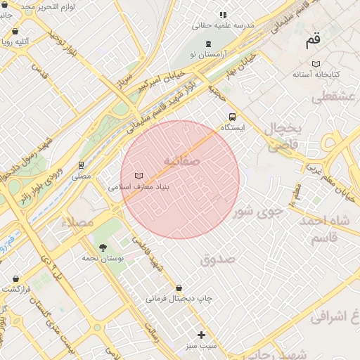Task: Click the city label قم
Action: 312,41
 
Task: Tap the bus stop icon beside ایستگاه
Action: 232,117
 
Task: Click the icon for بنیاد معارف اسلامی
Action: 139,176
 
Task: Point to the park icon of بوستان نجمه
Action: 104,247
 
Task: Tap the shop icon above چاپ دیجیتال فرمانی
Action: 180,288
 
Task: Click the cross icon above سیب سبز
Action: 202,335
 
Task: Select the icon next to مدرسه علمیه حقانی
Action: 223,14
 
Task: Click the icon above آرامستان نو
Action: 208,44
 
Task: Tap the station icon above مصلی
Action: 82,165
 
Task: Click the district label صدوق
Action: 216,260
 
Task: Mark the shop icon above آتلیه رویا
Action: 15,32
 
